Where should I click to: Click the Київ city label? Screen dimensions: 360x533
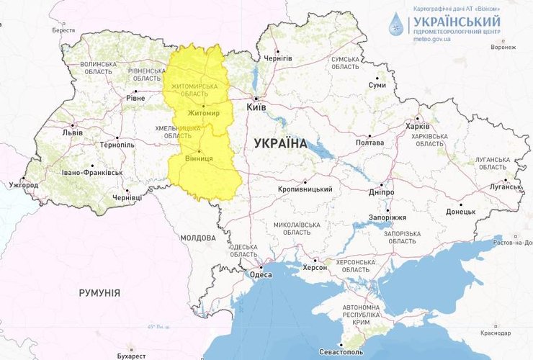coord(256,107)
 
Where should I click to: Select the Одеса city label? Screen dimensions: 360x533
coord(260,274)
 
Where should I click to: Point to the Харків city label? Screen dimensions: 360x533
coord(417,127)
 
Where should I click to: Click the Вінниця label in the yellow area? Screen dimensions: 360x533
coord(199,158)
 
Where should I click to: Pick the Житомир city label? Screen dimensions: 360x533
coord(203,114)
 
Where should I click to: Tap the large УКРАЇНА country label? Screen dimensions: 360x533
coord(280,143)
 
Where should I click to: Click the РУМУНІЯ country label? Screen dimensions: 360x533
coord(99,293)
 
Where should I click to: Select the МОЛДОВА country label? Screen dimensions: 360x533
coord(198,238)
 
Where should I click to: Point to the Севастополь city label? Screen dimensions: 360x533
coord(341,353)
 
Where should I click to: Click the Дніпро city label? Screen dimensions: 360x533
coord(380,193)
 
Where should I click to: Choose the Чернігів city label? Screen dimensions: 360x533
coord(277,58)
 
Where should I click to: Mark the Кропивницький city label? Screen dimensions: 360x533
coord(305,189)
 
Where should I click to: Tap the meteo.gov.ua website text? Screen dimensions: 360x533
coord(433,42)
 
